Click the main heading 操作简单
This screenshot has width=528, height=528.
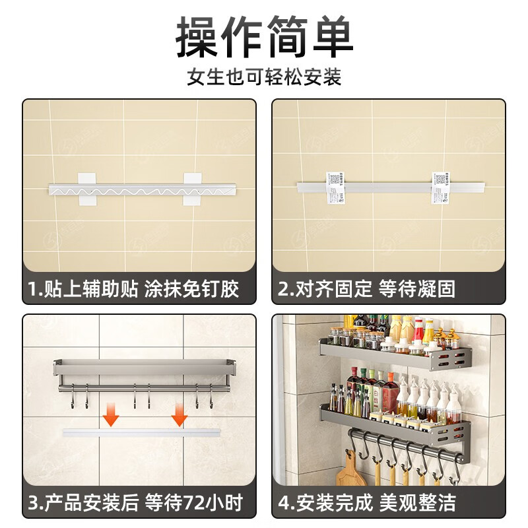point(264,38)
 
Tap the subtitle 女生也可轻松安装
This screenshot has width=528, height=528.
point(264,77)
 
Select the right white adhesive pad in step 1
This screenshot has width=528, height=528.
point(193,189)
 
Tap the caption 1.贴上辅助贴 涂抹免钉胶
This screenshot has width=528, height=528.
point(133,289)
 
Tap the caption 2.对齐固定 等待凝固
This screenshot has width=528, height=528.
point(367,289)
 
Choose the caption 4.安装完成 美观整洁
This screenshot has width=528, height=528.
point(367,503)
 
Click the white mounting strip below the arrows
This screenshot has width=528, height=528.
point(141,432)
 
